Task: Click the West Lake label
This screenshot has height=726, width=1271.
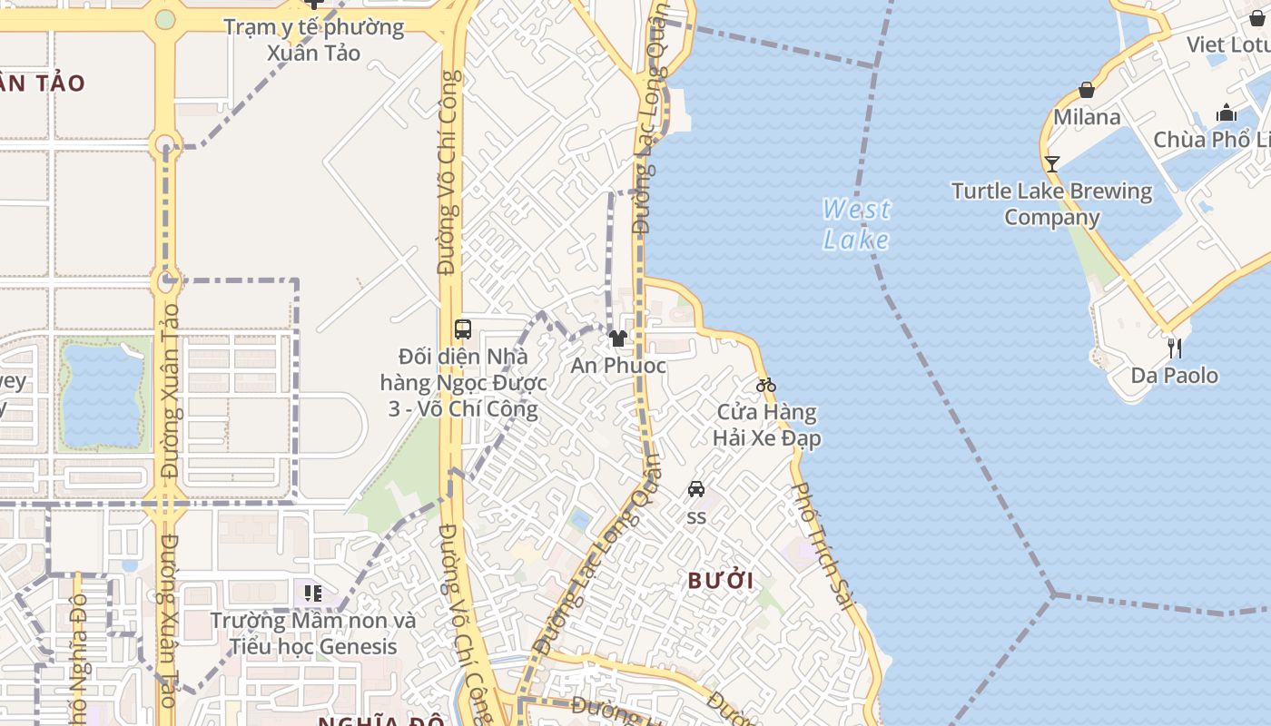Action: click(x=856, y=224)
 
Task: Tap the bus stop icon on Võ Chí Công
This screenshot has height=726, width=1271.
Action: click(x=463, y=329)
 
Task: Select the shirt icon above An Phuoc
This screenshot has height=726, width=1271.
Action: click(x=618, y=339)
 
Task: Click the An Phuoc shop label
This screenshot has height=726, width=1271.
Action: click(x=618, y=366)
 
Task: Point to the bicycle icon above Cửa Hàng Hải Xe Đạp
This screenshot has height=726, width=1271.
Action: click(x=766, y=385)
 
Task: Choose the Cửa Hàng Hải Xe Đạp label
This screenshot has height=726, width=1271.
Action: click(x=767, y=425)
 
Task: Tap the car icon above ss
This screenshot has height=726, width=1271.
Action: click(x=696, y=489)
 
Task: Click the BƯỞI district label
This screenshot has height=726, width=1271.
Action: click(x=721, y=581)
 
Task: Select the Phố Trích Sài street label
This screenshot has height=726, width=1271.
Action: click(x=820, y=544)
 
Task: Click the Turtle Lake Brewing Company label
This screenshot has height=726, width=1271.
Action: click(x=1052, y=204)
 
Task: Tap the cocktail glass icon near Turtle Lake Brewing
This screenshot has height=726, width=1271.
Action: click(x=1052, y=164)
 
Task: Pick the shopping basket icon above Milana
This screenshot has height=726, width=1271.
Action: click(x=1087, y=90)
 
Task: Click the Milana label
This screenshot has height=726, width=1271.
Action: click(x=1087, y=117)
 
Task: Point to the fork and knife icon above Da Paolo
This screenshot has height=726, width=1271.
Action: click(x=1175, y=348)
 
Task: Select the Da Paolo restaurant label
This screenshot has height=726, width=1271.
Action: click(x=1175, y=375)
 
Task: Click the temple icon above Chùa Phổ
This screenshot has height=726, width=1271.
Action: click(x=1227, y=113)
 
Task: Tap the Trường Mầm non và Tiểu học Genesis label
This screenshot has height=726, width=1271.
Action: click(x=313, y=633)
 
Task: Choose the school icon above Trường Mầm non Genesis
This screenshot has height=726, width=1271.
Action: click(x=313, y=594)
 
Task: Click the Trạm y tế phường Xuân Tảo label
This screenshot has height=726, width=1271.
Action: click(x=314, y=39)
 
